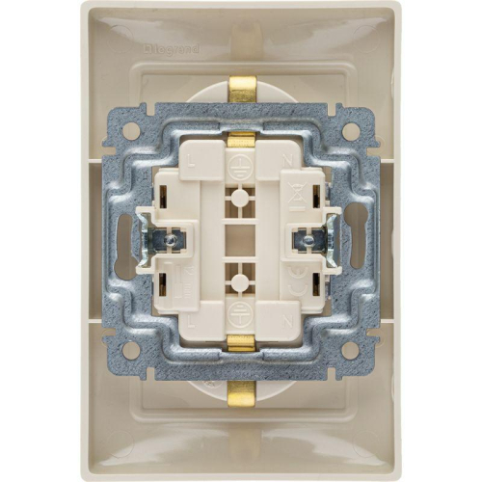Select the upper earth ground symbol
tap(241, 163)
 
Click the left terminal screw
tap(172, 240)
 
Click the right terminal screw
tap(309, 240)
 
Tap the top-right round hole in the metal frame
tap(351, 129)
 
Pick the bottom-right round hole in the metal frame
tap(351, 349)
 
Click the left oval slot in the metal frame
tap(123, 240)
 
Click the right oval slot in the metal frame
tap(359, 240)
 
